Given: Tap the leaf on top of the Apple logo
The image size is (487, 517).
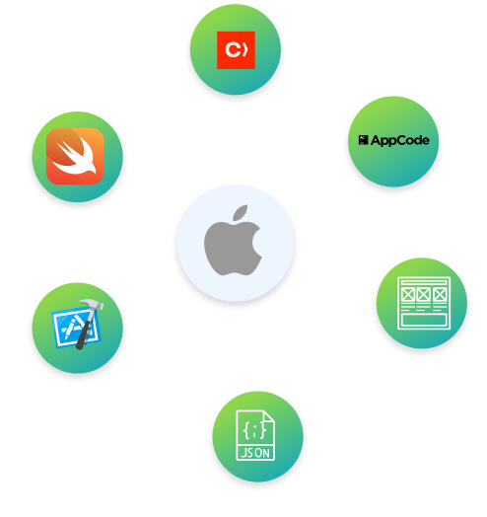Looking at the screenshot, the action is [241, 212].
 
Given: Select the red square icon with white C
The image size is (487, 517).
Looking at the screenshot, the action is [236, 50].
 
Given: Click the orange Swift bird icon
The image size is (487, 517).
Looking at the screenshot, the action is [75, 156].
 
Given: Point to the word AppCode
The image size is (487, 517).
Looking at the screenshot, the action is [399, 140].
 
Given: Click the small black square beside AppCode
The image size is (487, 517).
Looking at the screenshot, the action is [363, 140].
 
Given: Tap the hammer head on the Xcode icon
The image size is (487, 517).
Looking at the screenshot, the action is [92, 304].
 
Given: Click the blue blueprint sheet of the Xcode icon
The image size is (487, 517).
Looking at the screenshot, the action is [77, 328].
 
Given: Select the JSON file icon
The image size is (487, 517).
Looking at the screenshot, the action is [255, 435].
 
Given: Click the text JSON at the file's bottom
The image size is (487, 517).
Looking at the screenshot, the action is [255, 453].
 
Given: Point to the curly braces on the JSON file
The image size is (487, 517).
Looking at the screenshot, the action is [254, 430].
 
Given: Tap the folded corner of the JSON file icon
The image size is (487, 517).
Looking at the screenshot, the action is [268, 416].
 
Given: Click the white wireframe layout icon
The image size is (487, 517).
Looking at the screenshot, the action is [424, 303].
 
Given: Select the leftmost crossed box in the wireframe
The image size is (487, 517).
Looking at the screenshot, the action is [408, 295].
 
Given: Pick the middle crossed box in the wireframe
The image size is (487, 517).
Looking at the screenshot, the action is [424, 295].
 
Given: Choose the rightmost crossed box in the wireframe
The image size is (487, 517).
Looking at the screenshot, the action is [440, 295].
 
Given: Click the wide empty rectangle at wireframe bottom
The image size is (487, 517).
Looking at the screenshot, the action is [424, 320].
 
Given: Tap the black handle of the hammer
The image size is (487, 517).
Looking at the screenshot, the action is [84, 333].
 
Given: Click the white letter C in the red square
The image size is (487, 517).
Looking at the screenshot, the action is [233, 50].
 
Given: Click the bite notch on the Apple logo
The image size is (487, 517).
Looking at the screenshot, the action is [257, 242].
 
